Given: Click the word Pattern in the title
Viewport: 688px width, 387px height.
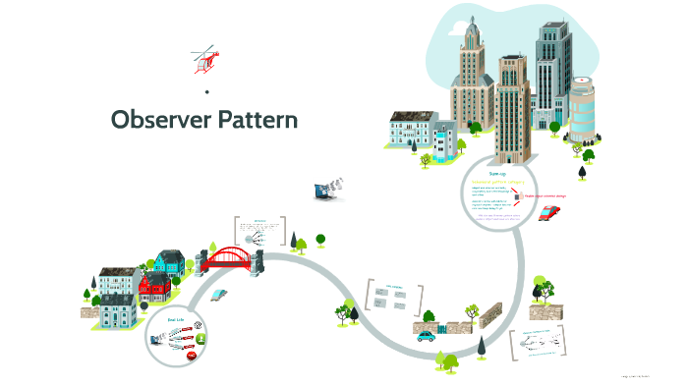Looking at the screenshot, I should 253,119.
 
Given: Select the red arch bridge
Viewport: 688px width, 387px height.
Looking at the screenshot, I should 233,257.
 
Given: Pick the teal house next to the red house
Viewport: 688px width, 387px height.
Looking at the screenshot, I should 169,261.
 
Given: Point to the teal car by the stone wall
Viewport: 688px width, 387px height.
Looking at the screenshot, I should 426,335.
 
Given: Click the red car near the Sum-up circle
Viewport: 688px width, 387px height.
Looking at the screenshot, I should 550,211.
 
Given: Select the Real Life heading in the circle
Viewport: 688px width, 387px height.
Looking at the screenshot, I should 176,320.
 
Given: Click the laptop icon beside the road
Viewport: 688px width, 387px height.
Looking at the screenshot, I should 325,191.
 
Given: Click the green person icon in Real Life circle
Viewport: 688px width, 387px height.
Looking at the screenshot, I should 201,338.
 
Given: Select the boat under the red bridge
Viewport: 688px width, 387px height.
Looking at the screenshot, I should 219,293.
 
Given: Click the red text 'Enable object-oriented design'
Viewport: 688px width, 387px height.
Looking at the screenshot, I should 556,195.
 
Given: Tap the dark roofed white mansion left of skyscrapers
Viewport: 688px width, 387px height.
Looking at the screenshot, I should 412,130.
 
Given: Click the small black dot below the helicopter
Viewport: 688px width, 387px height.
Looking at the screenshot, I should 207,92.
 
